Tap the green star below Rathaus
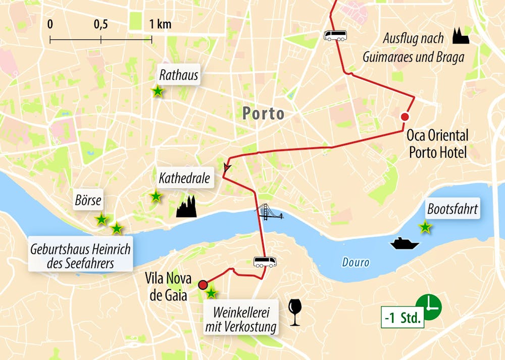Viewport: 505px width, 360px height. pos(158,91)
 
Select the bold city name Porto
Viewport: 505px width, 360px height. pos(263,113)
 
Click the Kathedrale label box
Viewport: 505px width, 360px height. pos(184,178)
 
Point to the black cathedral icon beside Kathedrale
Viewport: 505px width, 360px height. pos(186,207)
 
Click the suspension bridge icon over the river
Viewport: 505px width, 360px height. pos(269,213)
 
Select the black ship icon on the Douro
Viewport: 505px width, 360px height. pos(404,243)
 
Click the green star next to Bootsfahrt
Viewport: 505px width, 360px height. pos(425,227)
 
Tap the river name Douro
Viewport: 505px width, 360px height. pos(356,263)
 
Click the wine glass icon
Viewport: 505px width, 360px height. pos(294,312)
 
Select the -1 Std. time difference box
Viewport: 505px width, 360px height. pos(402,319)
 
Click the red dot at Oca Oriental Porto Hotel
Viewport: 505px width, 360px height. pos(405,117)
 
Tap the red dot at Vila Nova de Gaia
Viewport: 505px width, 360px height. pos(203,284)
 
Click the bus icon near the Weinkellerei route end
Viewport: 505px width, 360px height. pos(265,262)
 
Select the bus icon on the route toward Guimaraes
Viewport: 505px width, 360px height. pos(335,35)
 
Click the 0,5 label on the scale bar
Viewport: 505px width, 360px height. pos(100,24)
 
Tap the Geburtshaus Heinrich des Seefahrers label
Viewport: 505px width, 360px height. pos(80,255)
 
